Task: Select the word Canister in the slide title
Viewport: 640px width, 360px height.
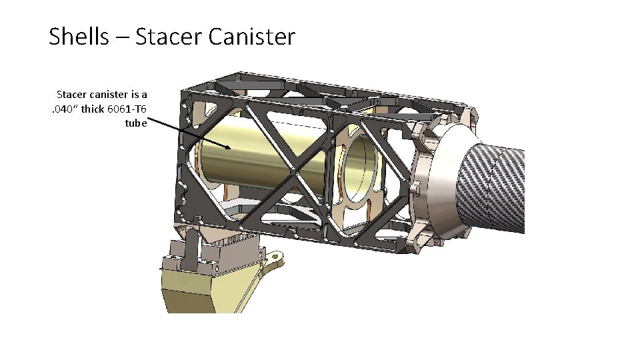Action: [x=251, y=37]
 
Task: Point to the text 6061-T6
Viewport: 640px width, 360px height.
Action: [x=127, y=109]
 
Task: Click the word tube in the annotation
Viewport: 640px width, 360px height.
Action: [x=135, y=123]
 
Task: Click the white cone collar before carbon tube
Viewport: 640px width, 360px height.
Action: [x=443, y=180]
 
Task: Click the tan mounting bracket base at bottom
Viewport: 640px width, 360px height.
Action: [x=200, y=287]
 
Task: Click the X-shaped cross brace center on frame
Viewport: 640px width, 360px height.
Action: [x=294, y=171]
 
